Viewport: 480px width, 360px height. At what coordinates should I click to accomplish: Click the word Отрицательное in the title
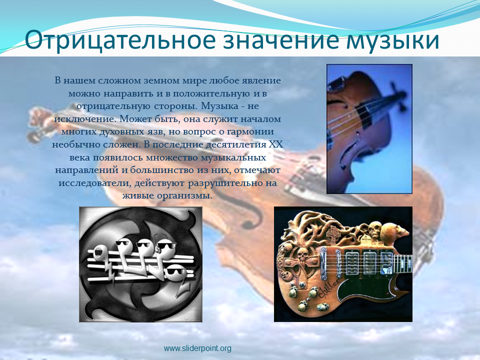coord(120,40)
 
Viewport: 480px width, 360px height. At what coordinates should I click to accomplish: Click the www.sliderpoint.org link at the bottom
coord(197,348)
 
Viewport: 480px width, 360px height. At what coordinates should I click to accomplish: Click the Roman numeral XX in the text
coord(275,144)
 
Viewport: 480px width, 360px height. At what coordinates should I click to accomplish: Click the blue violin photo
coord(369,129)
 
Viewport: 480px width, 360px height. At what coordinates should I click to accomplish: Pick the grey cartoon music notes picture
coord(141,264)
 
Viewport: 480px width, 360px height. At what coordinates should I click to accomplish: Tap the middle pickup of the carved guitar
coord(369,261)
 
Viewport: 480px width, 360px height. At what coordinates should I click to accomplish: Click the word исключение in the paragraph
coord(85,119)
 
